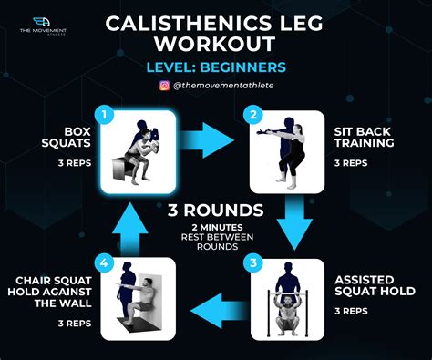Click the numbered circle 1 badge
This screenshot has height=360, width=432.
click(x=106, y=115)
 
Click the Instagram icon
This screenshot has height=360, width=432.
click(x=165, y=86)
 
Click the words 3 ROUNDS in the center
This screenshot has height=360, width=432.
click(x=215, y=211)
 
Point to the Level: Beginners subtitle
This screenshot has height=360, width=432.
click(x=215, y=67)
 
